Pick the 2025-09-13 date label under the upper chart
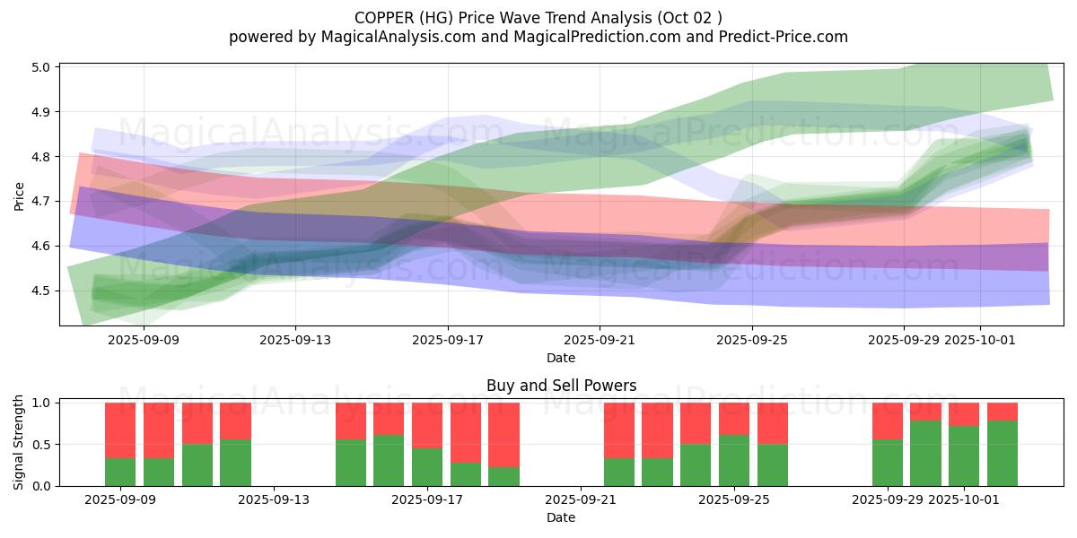pos(295,340)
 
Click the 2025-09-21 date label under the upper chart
pos(600,340)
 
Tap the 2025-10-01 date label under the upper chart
pos(980,340)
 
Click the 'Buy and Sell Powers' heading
pos(561,386)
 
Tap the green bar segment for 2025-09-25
pos(734,460)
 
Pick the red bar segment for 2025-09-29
pos(888,421)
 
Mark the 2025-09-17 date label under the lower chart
pos(427,500)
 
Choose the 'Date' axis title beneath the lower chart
pos(561,517)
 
